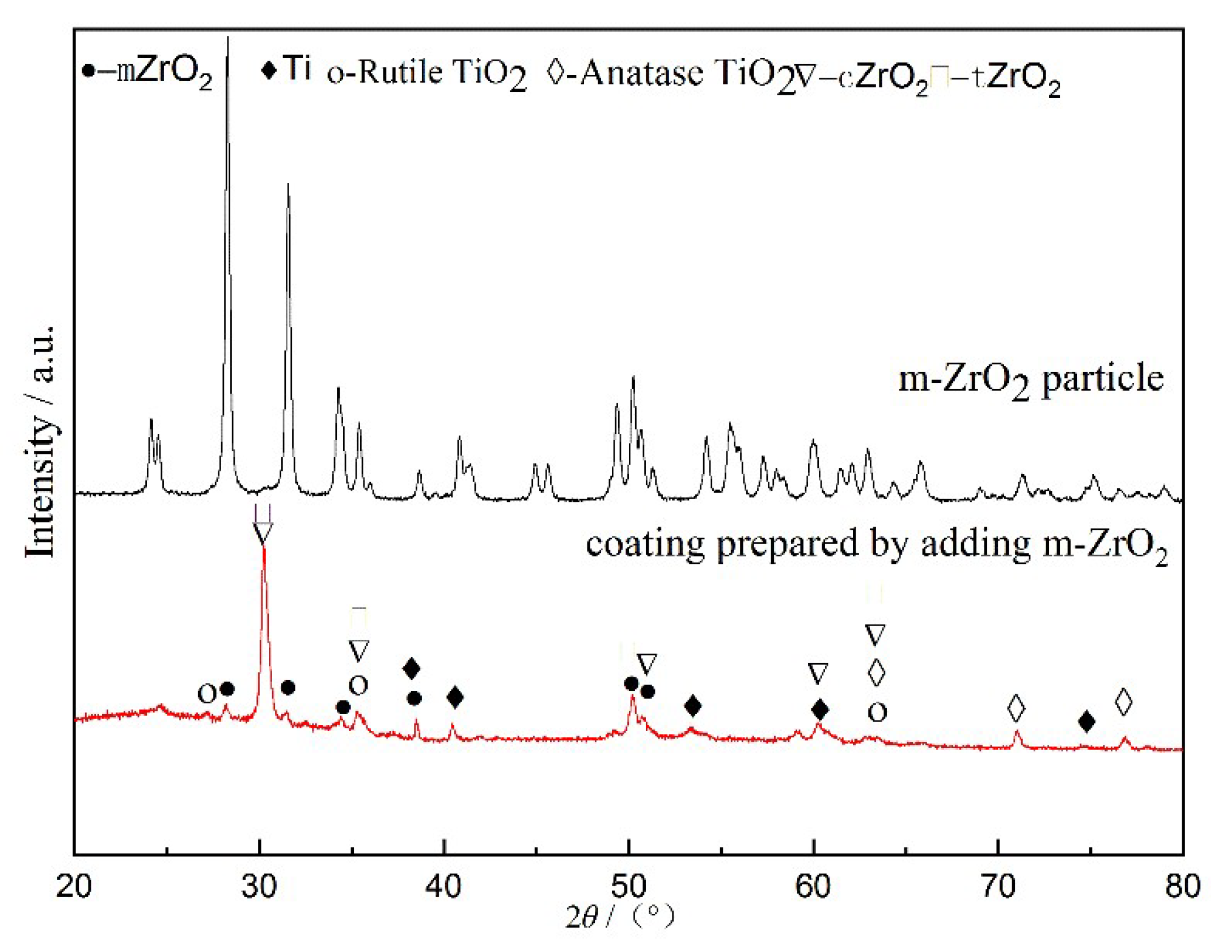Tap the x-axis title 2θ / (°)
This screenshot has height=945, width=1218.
tap(619, 917)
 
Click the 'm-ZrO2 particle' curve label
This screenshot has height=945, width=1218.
tap(1031, 380)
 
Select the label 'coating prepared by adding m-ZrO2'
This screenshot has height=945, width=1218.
tap(877, 545)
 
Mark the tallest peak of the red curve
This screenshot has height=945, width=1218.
tap(263, 549)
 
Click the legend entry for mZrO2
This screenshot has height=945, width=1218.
tap(147, 72)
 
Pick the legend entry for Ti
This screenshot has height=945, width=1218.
tap(286, 69)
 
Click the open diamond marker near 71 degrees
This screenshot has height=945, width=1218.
tap(1016, 708)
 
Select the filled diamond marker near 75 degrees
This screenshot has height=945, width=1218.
tap(1086, 722)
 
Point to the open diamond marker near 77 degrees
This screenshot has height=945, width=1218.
tap(1124, 702)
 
